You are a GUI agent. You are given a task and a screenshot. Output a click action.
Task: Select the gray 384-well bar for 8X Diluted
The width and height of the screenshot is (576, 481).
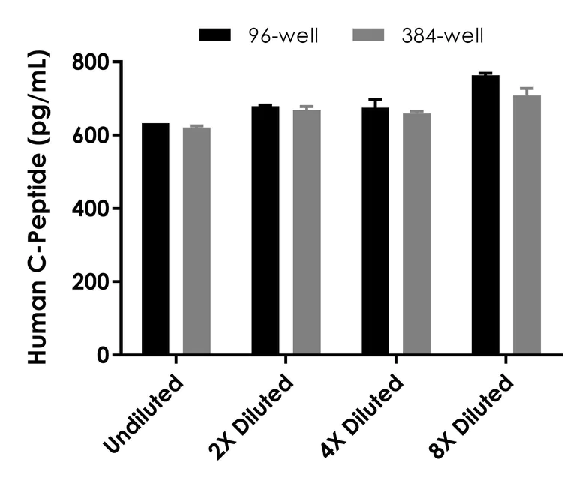pos(526,225)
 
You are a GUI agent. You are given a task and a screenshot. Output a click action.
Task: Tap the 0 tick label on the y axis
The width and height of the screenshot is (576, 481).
pos(104,356)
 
